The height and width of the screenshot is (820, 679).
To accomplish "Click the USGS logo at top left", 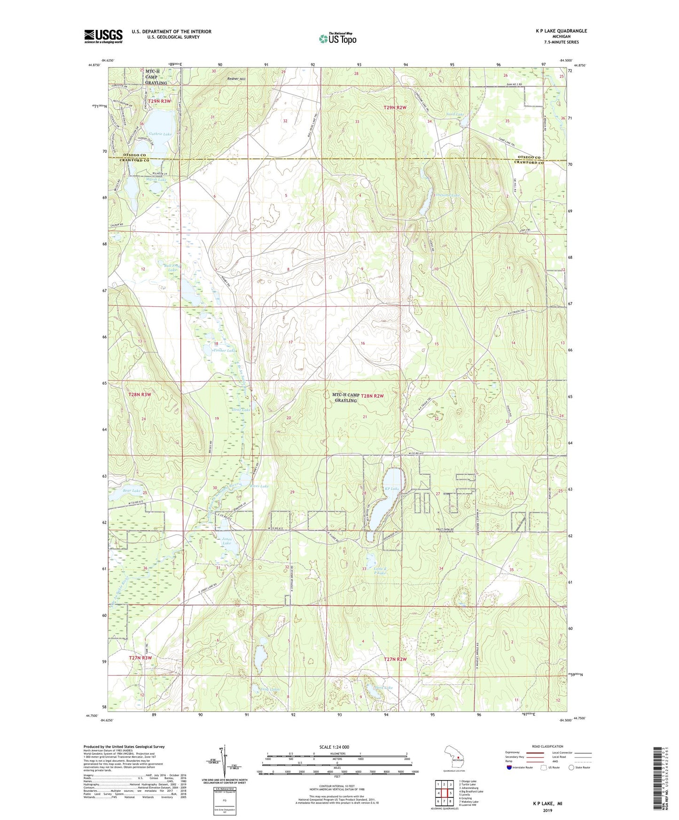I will coord(103,36).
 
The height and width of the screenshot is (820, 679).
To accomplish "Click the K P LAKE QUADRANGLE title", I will coord(561,31).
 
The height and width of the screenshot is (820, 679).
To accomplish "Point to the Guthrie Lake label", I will coord(160,134).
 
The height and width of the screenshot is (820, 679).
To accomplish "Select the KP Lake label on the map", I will coord(392,489).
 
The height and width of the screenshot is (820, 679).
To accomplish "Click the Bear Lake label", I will coord(132,490).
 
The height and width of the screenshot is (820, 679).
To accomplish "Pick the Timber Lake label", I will coord(223,350).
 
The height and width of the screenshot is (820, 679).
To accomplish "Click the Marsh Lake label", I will coord(156,179).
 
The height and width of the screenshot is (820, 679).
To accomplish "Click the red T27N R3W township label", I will coord(140,658).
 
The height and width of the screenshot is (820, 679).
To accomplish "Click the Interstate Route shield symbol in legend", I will coord(509,767).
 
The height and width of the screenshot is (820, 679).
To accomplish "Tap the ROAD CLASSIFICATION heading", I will coord(547,746).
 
